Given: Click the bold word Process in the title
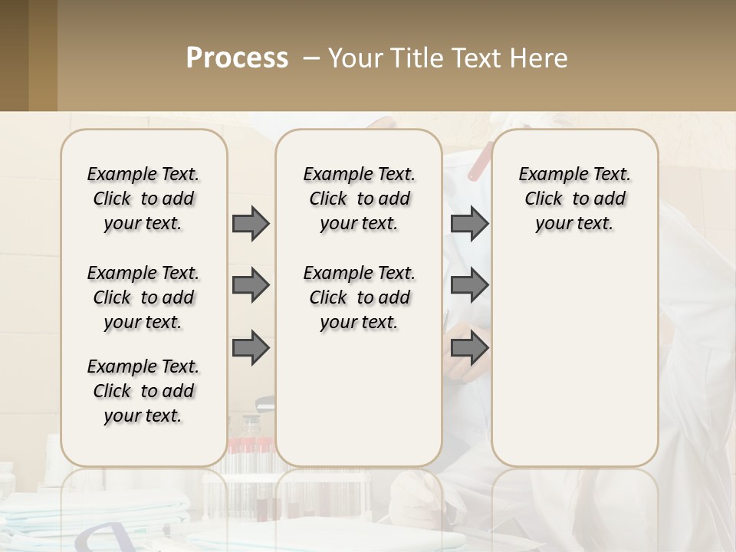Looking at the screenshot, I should click(237, 59).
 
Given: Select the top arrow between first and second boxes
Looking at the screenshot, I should click(251, 224).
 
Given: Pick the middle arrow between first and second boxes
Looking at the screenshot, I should click(251, 286).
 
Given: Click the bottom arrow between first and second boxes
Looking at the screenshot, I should click(251, 348).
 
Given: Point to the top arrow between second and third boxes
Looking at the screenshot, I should click(469, 224).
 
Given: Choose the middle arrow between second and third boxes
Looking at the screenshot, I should click(469, 286).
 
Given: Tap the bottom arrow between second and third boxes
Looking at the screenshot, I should click(469, 348).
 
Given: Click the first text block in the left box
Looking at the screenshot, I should click(143, 199).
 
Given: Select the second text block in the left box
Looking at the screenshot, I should click(143, 297).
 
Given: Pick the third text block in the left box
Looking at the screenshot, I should click(143, 391).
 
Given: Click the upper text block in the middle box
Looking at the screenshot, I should click(359, 199).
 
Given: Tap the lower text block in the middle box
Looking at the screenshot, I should click(359, 297).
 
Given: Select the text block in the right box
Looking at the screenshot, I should click(574, 199).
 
